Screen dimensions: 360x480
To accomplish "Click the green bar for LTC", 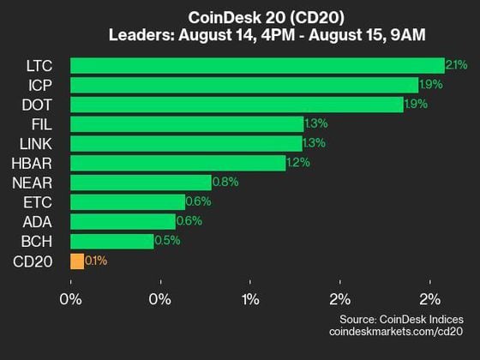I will (x=257, y=65).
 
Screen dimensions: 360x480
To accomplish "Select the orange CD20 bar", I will (x=77, y=261).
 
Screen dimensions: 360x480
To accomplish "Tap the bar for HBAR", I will (x=177, y=163).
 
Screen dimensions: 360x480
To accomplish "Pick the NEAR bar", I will (x=141, y=183).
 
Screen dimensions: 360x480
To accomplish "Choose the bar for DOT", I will (x=237, y=105).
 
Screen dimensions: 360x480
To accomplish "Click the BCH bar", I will (x=111, y=241).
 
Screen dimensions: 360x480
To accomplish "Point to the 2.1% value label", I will (x=457, y=65).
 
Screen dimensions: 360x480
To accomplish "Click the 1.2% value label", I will (x=298, y=163).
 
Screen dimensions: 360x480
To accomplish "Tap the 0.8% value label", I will (x=225, y=183).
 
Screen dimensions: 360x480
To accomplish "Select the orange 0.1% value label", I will (x=97, y=261).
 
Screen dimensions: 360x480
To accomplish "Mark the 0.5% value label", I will (x=167, y=241).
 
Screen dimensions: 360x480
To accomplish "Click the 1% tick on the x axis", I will (x=250, y=300).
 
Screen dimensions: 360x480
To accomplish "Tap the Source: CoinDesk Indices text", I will (x=403, y=319).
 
